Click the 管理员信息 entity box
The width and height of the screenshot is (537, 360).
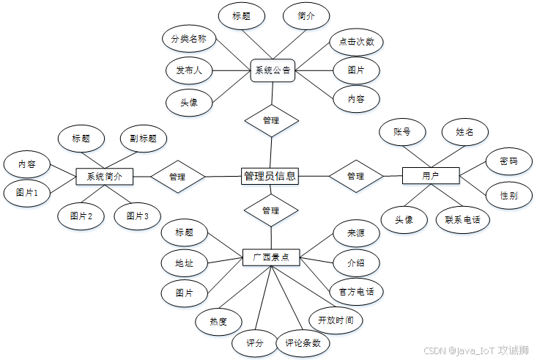270,176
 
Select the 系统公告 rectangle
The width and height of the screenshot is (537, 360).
273,71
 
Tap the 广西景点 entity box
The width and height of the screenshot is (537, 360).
271,257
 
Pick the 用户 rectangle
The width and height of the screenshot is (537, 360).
431,176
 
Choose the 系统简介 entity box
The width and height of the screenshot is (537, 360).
104,177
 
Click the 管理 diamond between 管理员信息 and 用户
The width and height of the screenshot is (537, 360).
356,176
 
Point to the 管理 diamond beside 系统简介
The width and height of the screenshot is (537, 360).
177,177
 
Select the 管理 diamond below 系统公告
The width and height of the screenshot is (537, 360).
271,120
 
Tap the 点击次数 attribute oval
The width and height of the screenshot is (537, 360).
357,42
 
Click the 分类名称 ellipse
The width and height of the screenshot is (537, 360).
188,37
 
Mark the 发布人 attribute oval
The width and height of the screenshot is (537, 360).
189,71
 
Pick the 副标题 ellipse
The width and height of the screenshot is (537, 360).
144,138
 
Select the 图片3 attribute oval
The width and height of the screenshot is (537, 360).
138,216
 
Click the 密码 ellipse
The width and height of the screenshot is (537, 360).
508,161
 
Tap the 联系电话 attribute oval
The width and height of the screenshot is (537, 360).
462,219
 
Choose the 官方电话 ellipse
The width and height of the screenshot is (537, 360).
357,291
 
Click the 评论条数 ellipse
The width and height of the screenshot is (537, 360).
303,342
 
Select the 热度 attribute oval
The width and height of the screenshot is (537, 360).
218,320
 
